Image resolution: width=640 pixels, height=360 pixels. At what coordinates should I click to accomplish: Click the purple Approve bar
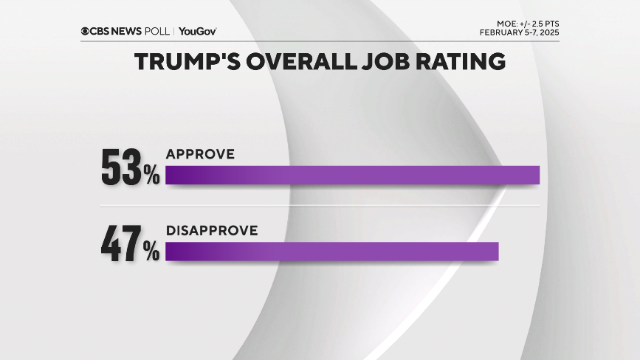(352, 175)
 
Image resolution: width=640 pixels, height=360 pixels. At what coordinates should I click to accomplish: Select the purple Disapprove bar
(332, 252)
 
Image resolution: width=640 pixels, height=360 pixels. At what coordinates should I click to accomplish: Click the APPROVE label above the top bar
(200, 154)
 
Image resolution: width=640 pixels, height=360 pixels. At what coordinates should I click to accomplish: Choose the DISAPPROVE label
(212, 231)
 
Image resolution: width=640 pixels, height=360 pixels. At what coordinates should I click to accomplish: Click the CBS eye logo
(86, 31)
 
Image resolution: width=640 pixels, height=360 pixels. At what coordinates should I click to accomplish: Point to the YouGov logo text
(197, 31)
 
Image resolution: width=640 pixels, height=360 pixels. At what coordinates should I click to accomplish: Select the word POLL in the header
(160, 31)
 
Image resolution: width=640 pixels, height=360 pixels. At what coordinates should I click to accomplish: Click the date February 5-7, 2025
(519, 32)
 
